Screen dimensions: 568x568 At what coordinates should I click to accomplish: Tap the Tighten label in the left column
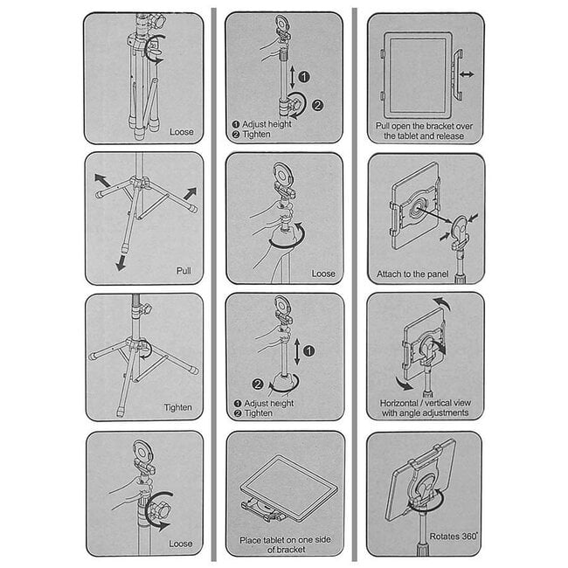click(177, 407)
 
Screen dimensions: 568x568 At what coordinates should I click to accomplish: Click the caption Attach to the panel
click(415, 274)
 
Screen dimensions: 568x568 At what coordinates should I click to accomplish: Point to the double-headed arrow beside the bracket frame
click(467, 75)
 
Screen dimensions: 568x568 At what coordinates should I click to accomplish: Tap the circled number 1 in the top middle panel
click(303, 77)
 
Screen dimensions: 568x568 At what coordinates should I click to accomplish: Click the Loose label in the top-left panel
click(182, 132)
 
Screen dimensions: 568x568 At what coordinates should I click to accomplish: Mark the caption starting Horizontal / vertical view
click(424, 407)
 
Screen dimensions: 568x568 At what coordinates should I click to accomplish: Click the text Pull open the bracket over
click(424, 126)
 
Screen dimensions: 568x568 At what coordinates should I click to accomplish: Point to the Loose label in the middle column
click(322, 273)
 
